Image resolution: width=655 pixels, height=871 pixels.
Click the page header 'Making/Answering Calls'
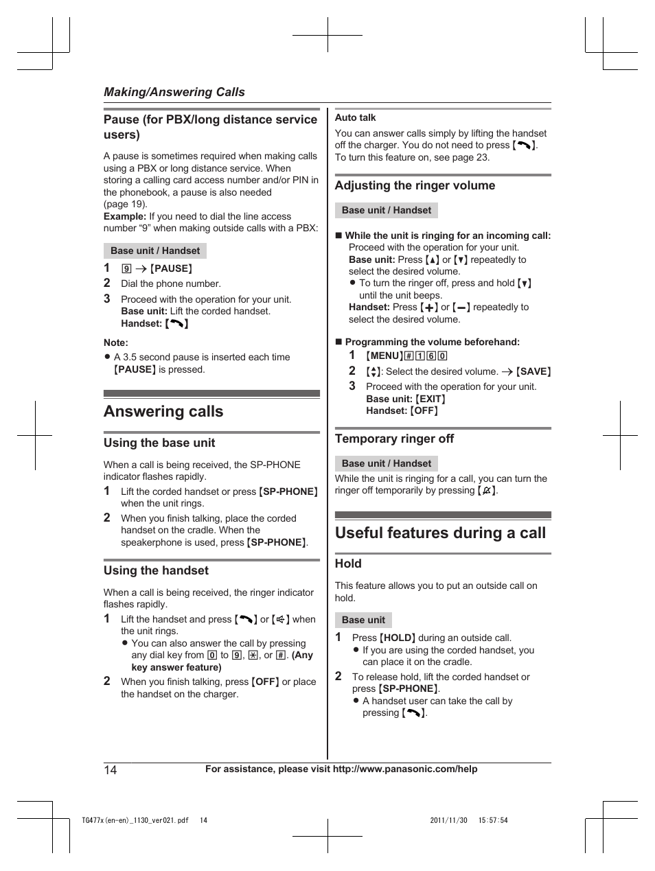[x=174, y=92]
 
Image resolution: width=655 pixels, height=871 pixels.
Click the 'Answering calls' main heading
[x=163, y=412]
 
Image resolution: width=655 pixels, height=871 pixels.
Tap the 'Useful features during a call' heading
[x=440, y=533]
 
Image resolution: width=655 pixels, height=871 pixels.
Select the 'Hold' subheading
[x=348, y=564]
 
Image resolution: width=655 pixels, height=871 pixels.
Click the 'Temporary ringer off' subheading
[x=394, y=439]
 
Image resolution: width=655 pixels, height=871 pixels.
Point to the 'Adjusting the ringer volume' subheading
[x=415, y=185]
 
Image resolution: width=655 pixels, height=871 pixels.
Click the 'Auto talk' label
[x=355, y=117]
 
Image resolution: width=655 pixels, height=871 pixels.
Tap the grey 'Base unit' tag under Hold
[x=363, y=620]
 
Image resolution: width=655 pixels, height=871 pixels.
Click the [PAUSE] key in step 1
[x=171, y=268]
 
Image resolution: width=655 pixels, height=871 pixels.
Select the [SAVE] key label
[x=533, y=371]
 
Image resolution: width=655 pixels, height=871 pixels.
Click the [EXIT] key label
[x=430, y=399]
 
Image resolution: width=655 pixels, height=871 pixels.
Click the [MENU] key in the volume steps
[x=384, y=356]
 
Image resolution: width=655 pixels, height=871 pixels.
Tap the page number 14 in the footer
[x=111, y=769]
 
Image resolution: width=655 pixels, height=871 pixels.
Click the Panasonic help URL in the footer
[x=404, y=769]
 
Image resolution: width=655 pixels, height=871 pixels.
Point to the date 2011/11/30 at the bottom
[x=448, y=820]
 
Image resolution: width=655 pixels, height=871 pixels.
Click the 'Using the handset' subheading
[x=156, y=570]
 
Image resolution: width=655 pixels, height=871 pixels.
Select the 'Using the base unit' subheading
[x=159, y=443]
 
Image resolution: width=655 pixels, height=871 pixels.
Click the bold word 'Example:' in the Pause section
[x=125, y=216]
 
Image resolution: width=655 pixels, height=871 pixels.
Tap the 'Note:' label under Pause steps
[x=116, y=342]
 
